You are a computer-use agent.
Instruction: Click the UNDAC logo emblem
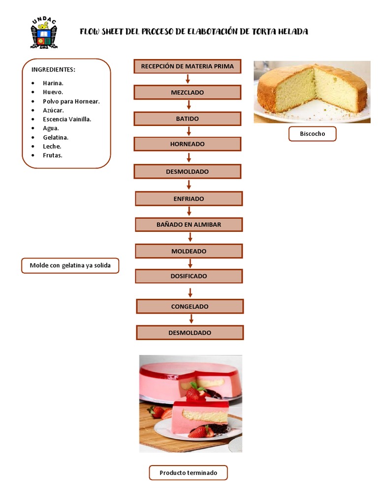tap(44, 33)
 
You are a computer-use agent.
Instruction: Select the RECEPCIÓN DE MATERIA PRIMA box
tap(187, 66)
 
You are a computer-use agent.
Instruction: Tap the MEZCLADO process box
tap(187, 93)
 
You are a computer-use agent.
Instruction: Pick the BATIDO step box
tap(187, 119)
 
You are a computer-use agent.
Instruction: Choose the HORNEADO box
tap(187, 144)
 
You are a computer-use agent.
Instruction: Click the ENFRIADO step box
tap(189, 199)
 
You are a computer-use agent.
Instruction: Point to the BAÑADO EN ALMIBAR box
tap(189, 224)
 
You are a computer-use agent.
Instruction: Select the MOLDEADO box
tap(189, 251)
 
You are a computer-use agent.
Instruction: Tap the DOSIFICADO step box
tap(189, 276)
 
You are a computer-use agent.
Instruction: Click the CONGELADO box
tap(189, 306)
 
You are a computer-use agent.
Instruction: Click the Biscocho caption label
tap(312, 134)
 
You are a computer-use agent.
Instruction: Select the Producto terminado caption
tap(188, 473)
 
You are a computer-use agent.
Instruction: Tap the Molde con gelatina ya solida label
tap(70, 266)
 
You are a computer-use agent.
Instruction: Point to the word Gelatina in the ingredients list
tap(56, 137)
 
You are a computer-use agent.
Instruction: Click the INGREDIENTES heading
tap(53, 69)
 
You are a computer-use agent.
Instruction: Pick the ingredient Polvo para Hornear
tap(71, 101)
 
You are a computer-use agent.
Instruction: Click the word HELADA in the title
tap(294, 31)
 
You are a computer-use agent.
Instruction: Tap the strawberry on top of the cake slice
tap(194, 394)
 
